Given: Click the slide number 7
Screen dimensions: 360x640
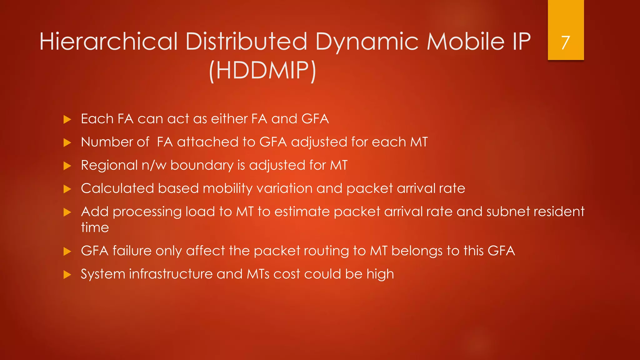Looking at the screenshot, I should click(565, 42).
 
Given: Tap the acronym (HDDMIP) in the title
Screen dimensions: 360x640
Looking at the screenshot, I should click(262, 70).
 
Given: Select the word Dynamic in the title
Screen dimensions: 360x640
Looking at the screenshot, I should click(367, 42).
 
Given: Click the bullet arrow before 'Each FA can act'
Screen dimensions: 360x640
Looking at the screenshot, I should click(67, 119).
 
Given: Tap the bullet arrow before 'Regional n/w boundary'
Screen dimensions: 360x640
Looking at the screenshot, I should click(67, 166).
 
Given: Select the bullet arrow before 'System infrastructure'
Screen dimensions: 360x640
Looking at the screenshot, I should click(67, 275).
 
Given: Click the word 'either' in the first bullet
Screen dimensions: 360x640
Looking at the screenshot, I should click(229, 119).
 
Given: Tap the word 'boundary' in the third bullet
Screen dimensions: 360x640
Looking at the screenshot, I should click(202, 165).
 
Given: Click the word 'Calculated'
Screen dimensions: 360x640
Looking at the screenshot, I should click(117, 188).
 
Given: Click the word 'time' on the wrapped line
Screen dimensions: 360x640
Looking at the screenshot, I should click(95, 227).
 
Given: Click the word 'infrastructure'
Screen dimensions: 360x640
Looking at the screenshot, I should click(171, 274).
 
